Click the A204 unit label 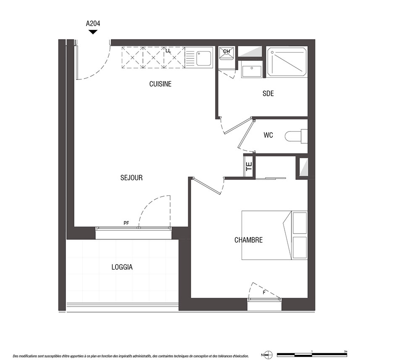coord(93,24)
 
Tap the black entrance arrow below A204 coord(93,32)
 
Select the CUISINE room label coord(160,84)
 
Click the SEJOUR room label coord(131,178)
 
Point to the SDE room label coord(268,94)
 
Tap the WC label coord(268,135)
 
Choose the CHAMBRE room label coord(249,240)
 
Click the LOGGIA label coord(122,267)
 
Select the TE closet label coord(249,167)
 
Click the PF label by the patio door coord(126,223)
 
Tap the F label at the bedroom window coord(264,292)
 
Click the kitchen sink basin coord(204,58)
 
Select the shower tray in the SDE coord(287,62)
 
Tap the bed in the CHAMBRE coord(275,235)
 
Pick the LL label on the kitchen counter coord(168,51)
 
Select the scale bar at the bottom coord(312,355)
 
